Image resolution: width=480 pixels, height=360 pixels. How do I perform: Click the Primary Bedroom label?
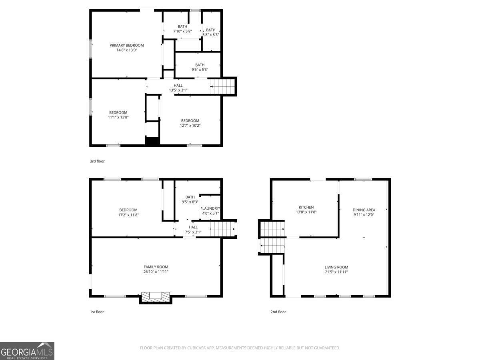pos(126,45)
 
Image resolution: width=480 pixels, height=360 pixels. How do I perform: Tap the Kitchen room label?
pos(306,207)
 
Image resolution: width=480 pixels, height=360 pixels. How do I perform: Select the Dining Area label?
pos(364,210)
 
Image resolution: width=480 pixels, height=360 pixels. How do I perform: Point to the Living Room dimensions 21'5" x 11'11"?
pos(336,272)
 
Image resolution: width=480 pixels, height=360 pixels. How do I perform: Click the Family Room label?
pos(156,267)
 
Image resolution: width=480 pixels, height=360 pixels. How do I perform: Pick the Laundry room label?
pos(210,208)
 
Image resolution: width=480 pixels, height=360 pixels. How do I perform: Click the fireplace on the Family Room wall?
pos(155,297)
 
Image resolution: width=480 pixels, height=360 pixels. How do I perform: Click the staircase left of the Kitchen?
pos(272,237)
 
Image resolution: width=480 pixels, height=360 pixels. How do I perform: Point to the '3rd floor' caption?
pos(97,161)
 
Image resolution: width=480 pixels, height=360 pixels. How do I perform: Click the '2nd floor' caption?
pos(278,312)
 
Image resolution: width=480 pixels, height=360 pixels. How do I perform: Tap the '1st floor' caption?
pos(97,312)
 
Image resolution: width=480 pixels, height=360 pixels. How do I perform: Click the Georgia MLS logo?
pos(27,351)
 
